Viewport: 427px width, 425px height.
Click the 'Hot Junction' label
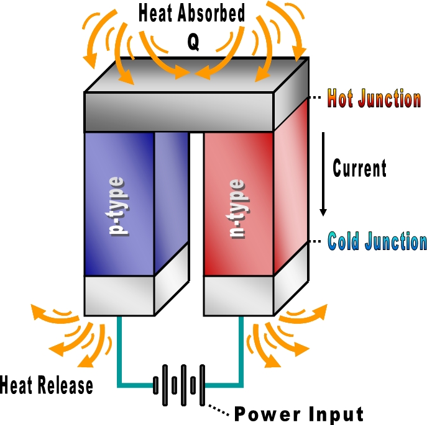click(x=374, y=98)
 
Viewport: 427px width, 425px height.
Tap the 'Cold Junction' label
click(x=377, y=241)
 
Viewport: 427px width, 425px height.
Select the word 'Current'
click(x=359, y=168)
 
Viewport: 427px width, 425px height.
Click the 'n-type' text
click(x=237, y=208)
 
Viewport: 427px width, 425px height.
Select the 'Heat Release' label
click(x=47, y=385)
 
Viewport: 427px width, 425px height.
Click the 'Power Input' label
click(x=298, y=414)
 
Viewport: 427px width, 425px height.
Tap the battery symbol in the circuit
click(x=179, y=383)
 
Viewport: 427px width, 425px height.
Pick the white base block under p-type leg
click(x=119, y=295)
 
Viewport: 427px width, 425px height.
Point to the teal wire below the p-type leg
click(x=119, y=354)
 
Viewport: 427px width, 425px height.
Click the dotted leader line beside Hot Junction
click(x=316, y=98)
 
